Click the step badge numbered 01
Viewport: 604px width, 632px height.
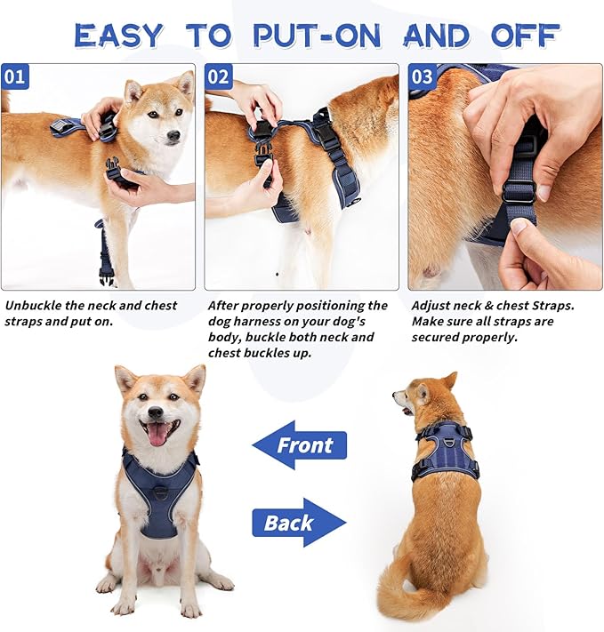coord(15,76)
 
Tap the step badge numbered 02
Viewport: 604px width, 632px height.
coord(220,76)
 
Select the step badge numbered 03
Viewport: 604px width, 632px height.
coord(423,76)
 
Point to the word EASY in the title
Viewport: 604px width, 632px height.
coord(119,36)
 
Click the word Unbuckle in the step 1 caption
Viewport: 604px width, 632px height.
coord(34,305)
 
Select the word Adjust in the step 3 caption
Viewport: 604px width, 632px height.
coord(432,305)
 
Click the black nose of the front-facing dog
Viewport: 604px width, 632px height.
coord(157,412)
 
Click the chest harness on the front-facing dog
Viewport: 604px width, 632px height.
coord(160,493)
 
